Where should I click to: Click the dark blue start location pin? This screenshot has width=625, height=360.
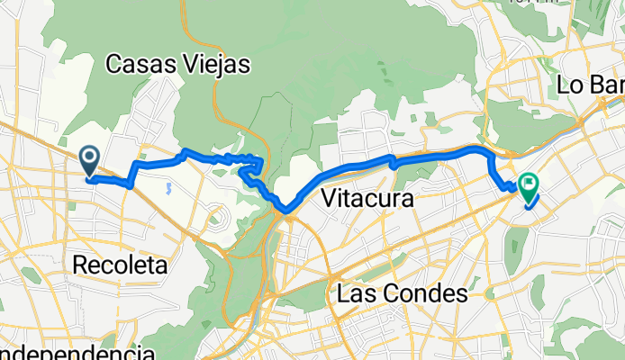[90, 161]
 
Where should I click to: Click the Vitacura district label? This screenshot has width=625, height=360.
[367, 198]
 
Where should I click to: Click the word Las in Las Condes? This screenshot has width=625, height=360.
[355, 293]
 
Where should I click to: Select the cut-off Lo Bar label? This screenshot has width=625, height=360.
[590, 85]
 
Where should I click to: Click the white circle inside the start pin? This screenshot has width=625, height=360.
[90, 157]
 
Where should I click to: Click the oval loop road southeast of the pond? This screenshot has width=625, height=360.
[215, 216]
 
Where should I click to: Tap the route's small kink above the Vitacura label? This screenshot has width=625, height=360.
[393, 162]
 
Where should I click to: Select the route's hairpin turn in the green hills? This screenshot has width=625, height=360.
[260, 162]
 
